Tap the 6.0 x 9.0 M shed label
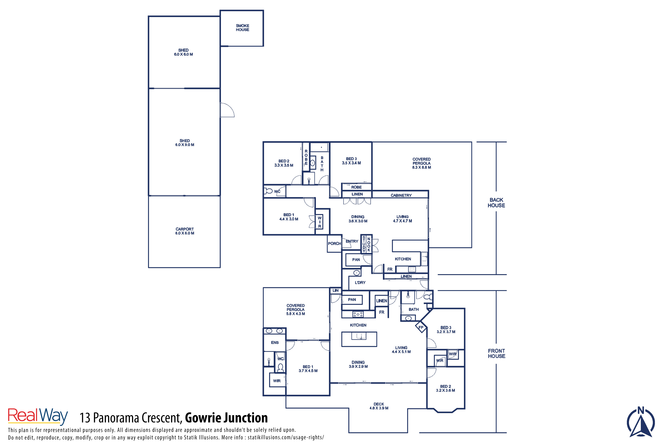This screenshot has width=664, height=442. [185, 143]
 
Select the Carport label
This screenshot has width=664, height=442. [185, 231]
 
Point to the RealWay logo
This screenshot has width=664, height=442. [38, 416]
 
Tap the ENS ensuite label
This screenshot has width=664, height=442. [275, 343]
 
